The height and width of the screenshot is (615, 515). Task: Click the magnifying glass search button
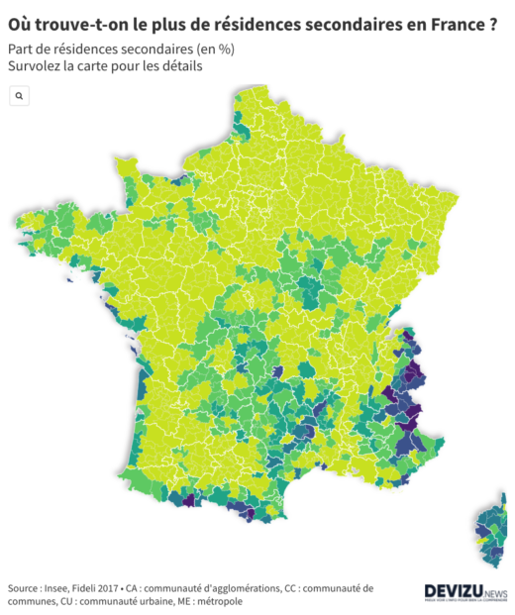point(19,95)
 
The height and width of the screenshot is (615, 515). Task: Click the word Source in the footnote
point(25,588)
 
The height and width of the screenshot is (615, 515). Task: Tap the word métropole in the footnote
point(218,601)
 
